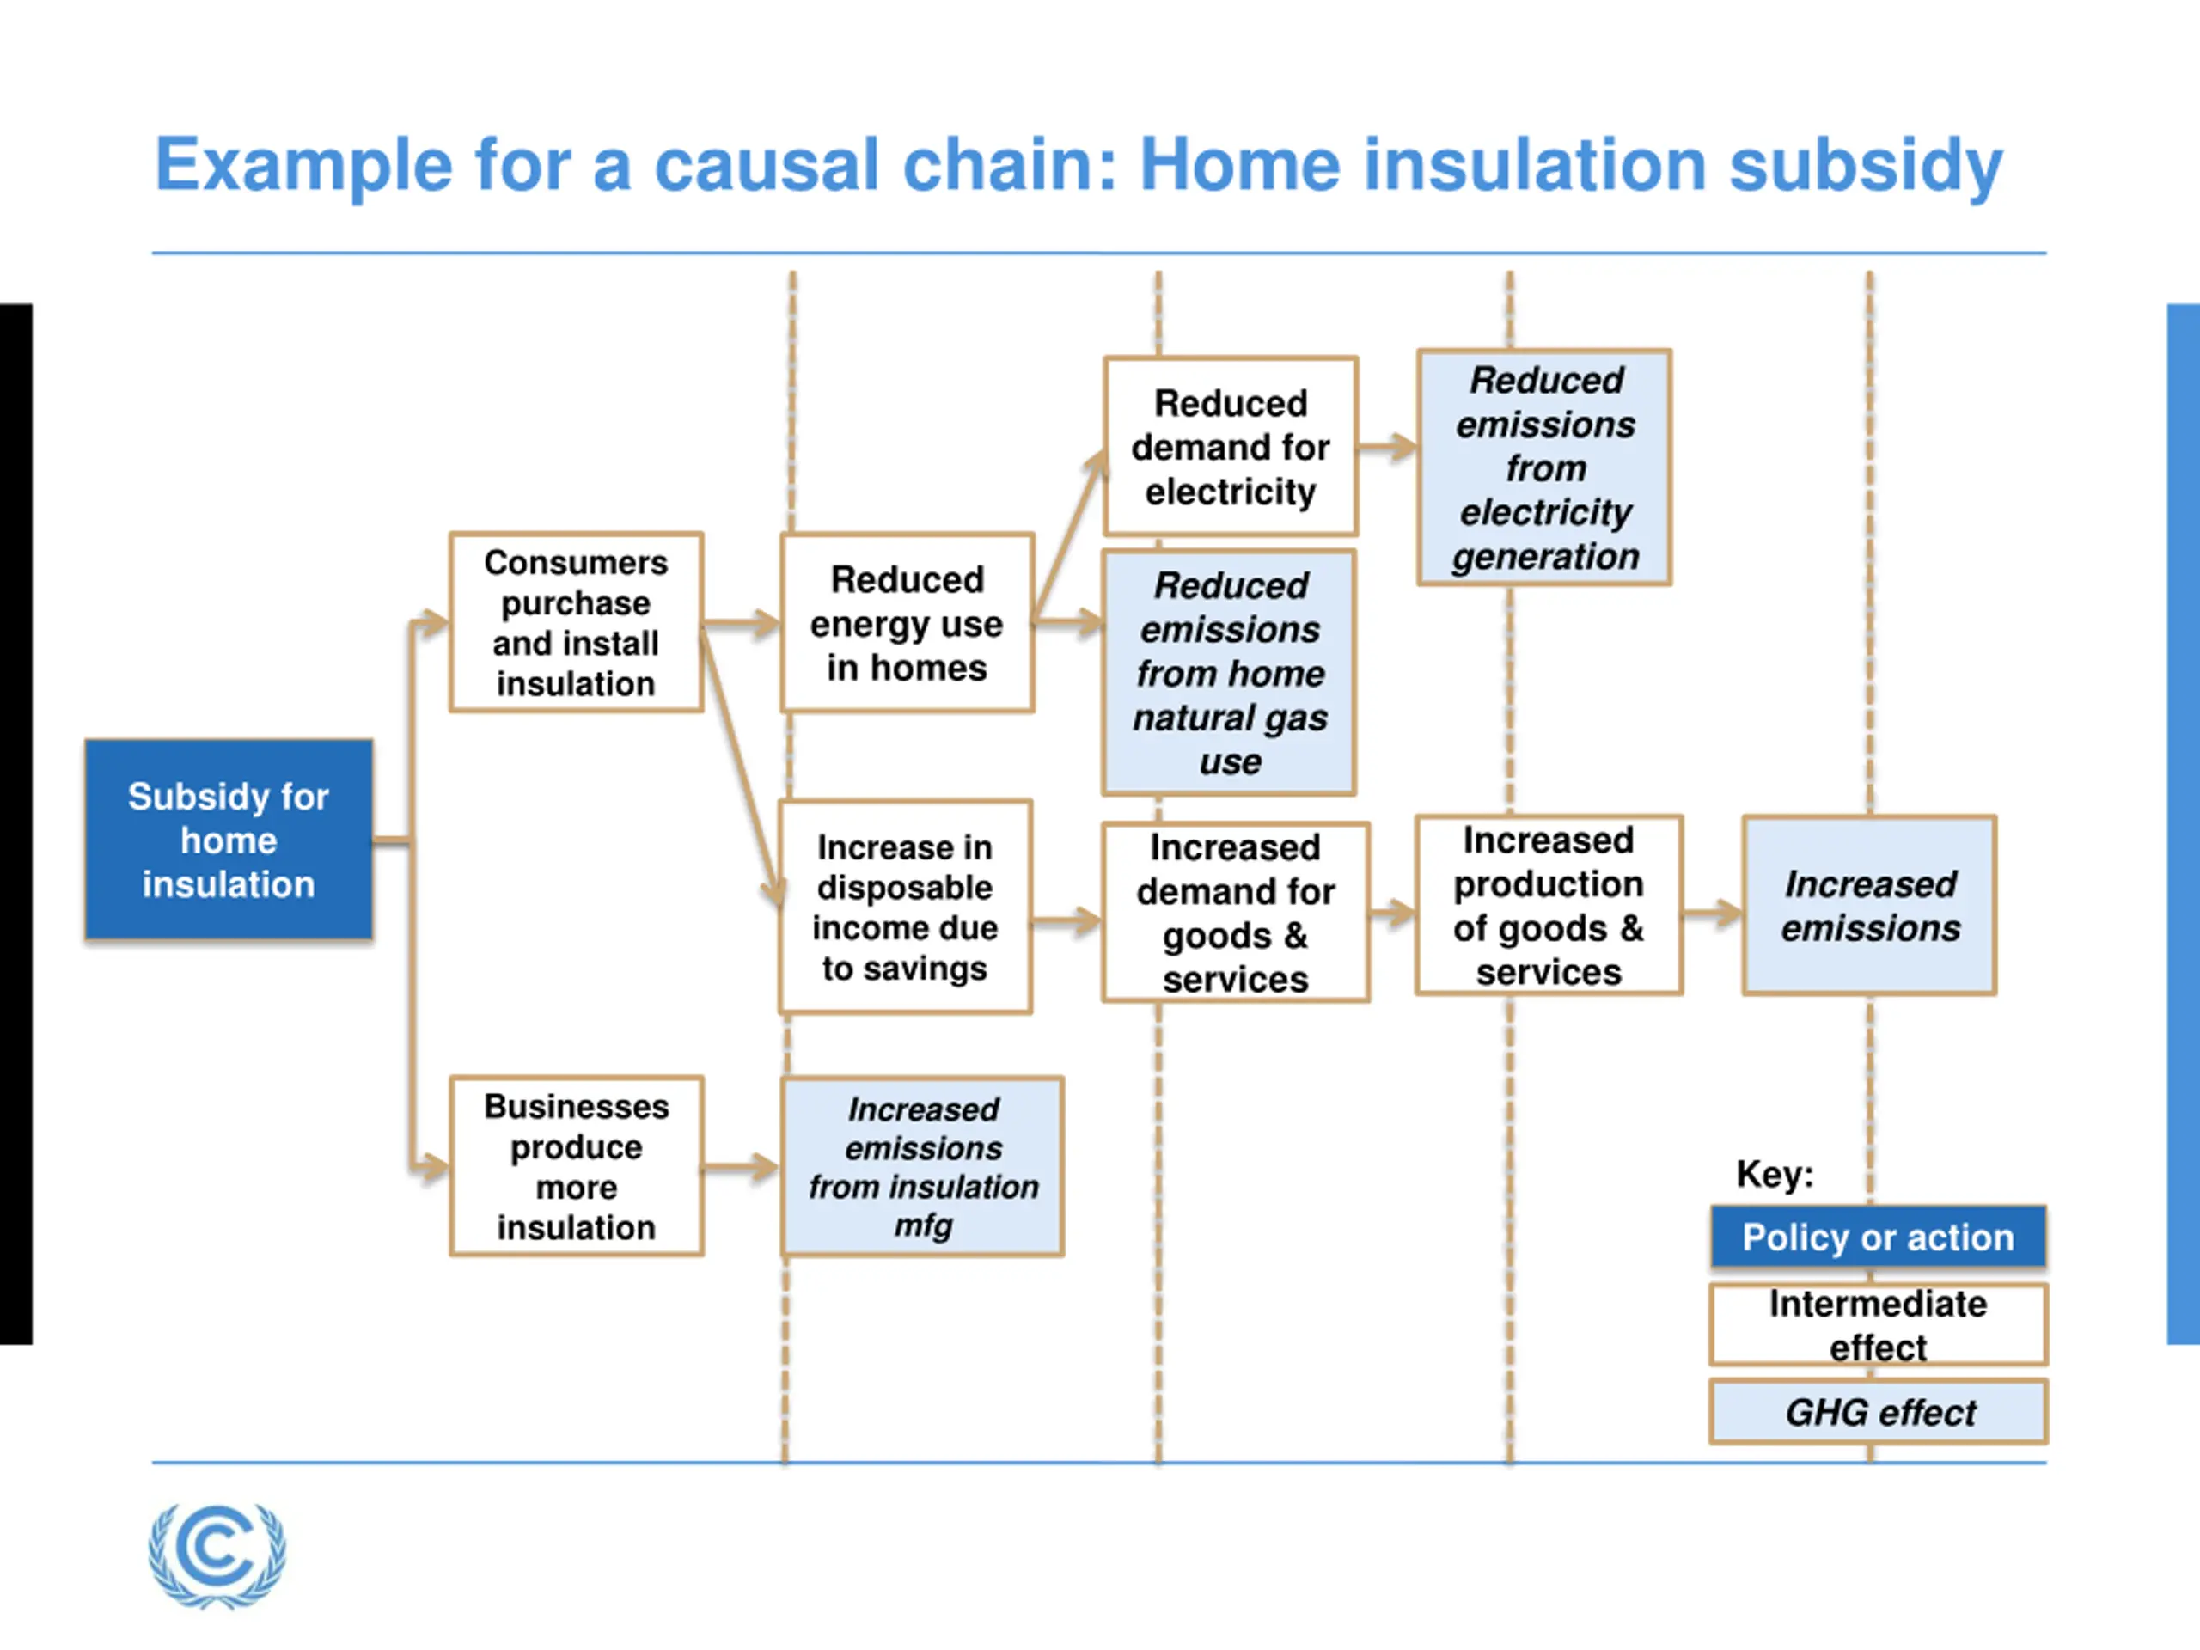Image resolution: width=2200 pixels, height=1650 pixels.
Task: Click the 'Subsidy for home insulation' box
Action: pyautogui.click(x=229, y=840)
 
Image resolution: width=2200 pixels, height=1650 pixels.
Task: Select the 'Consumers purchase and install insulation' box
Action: pyautogui.click(x=577, y=622)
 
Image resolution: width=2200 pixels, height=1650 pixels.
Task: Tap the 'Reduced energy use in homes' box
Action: pyautogui.click(x=907, y=622)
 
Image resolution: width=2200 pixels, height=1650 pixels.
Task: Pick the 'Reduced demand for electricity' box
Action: pyautogui.click(x=1231, y=447)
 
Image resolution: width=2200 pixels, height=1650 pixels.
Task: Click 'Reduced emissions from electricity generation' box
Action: pyautogui.click(x=1544, y=467)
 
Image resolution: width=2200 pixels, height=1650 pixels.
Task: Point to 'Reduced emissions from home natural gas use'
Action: pyautogui.click(x=1229, y=672)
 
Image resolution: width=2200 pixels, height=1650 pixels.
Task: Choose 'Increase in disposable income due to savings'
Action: pyautogui.click(x=905, y=907)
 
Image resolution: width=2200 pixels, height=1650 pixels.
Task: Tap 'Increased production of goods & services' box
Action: pyautogui.click(x=1549, y=905)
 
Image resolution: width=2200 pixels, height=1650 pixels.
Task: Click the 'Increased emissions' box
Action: pyautogui.click(x=1870, y=905)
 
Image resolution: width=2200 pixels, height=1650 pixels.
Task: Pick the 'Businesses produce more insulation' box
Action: pyautogui.click(x=577, y=1165)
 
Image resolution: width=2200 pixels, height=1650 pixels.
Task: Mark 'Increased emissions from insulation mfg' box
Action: pyautogui.click(x=923, y=1165)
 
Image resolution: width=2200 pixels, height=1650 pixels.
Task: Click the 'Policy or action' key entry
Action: pyautogui.click(x=1879, y=1237)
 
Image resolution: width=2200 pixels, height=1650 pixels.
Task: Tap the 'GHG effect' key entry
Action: pyautogui.click(x=1879, y=1411)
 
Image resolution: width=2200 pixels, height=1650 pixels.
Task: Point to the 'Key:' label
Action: pyautogui.click(x=1775, y=1175)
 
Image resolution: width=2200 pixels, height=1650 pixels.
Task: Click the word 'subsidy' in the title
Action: pyautogui.click(x=1866, y=167)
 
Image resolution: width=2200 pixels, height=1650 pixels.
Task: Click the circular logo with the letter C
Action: pyautogui.click(x=217, y=1555)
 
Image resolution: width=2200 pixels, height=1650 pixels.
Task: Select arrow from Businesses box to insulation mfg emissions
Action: pyautogui.click(x=742, y=1167)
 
